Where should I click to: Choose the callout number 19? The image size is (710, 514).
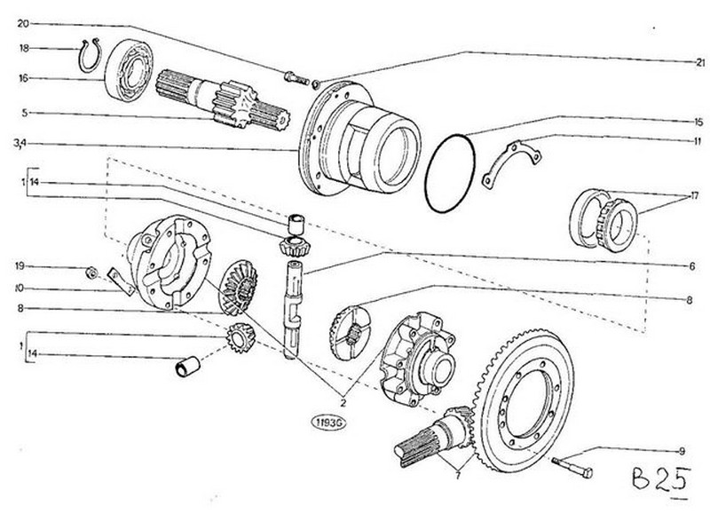coord(20,265)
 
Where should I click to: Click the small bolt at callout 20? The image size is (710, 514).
coord(296,78)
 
